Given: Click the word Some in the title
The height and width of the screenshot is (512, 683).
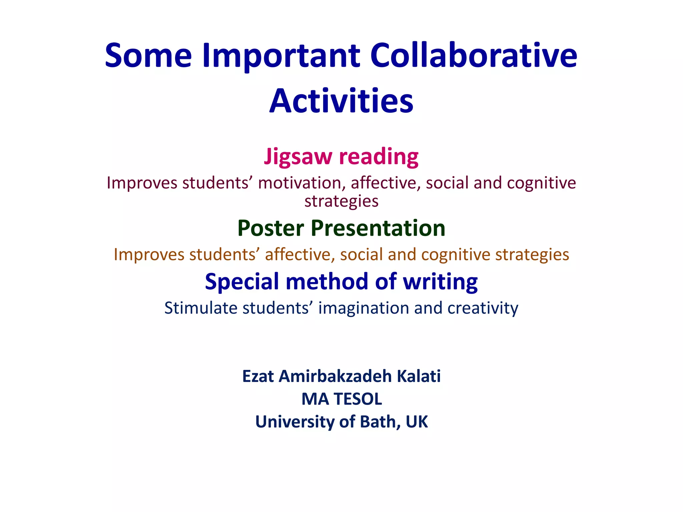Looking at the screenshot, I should click(x=148, y=56).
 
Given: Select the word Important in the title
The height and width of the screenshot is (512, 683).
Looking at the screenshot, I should click(x=281, y=56).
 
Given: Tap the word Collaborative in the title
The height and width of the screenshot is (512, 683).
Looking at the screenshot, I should click(x=473, y=56).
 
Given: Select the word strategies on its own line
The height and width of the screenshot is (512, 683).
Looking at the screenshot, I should click(x=341, y=201).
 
